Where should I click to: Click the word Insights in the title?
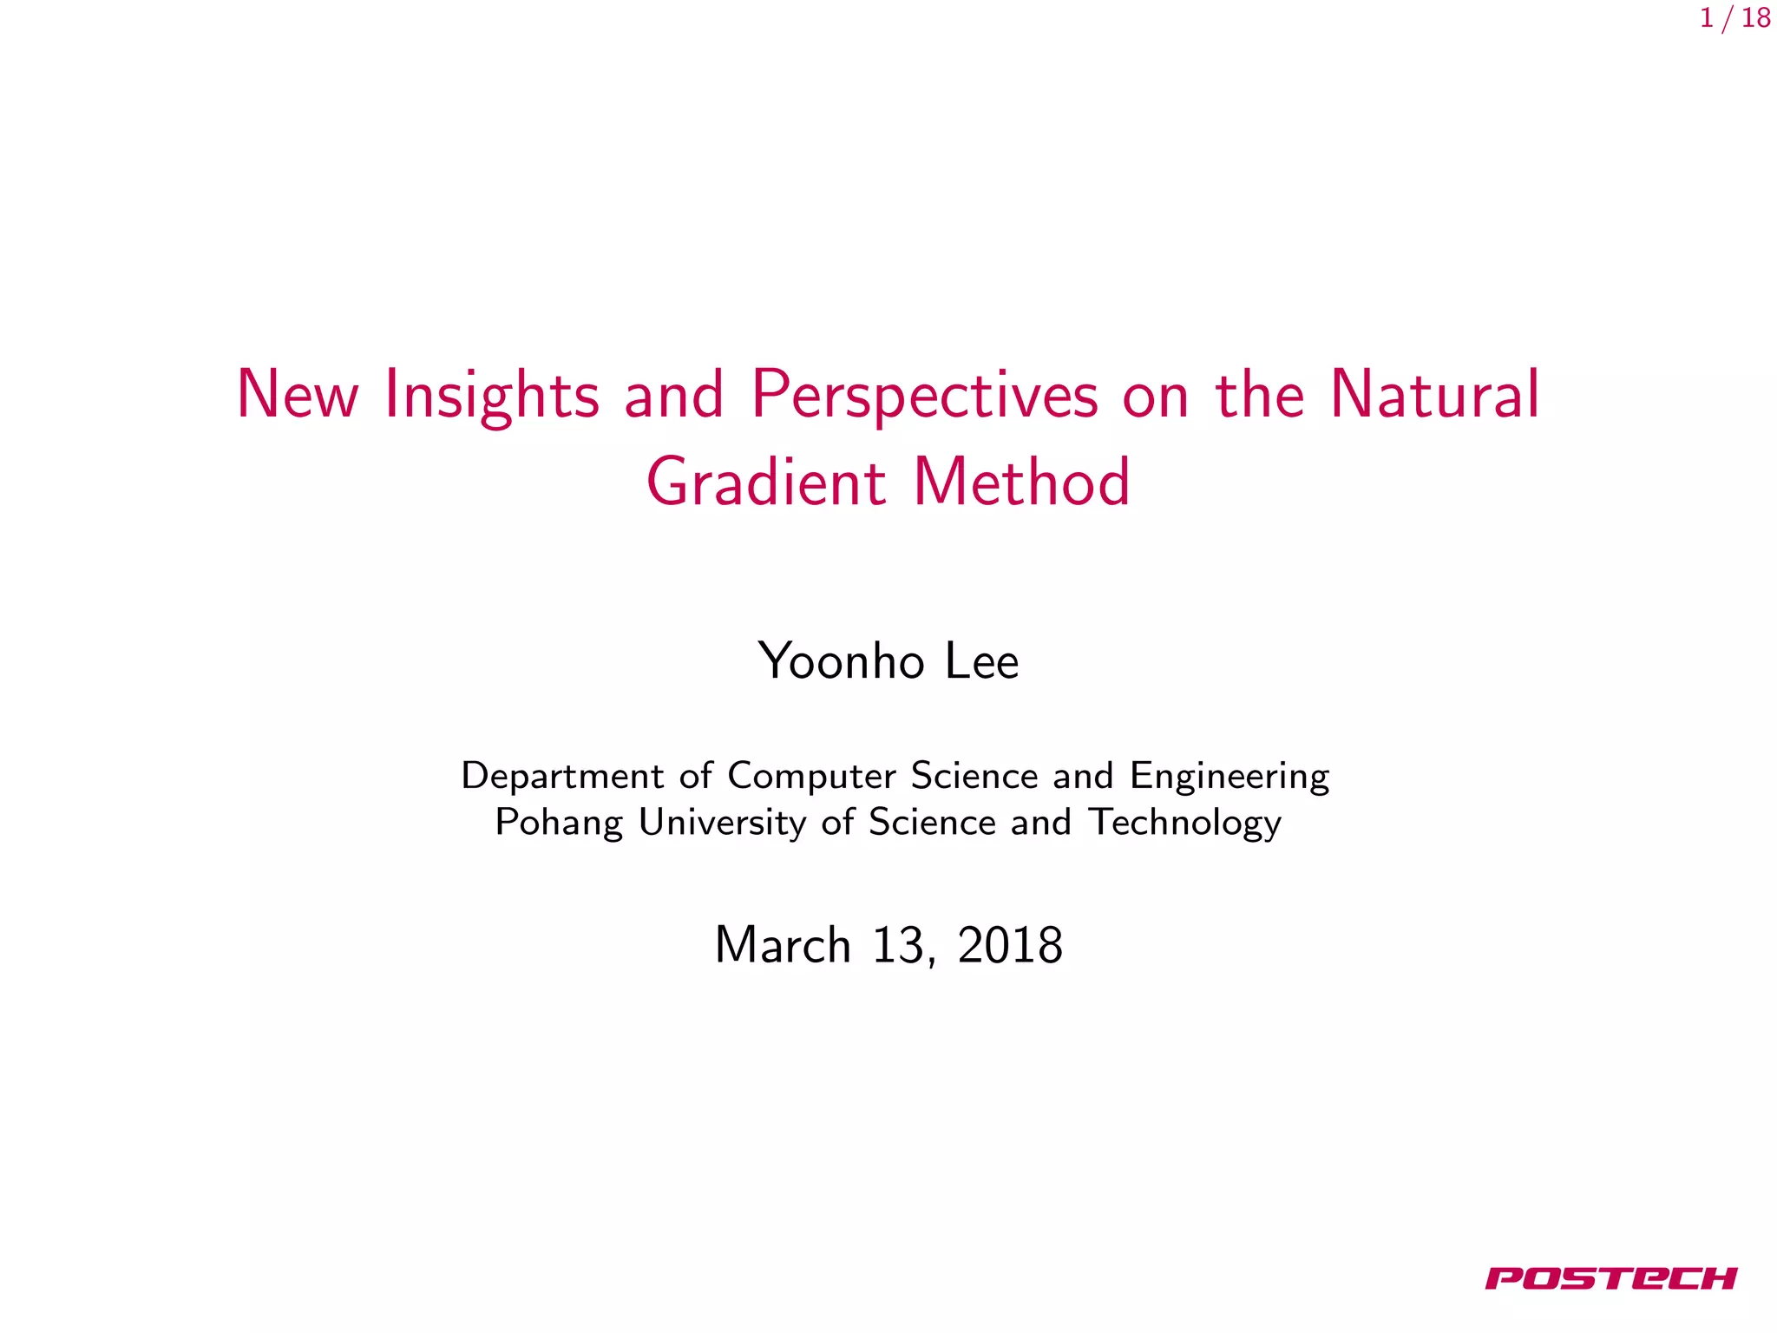tap(491, 396)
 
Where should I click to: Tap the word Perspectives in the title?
tap(925, 396)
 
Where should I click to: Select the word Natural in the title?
tap(1434, 396)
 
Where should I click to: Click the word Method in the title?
tap(1022, 483)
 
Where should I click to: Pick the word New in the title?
tap(297, 396)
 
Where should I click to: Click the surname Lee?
tap(981, 661)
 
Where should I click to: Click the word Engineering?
tap(1229, 776)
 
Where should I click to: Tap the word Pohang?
tap(559, 823)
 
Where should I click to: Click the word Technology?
tap(1184, 823)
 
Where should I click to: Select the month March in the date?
tap(783, 945)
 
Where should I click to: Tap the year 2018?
tap(1010, 945)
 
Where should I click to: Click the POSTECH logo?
tap(1611, 1278)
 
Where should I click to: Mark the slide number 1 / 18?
tap(1734, 18)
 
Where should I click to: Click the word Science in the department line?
tap(974, 776)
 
